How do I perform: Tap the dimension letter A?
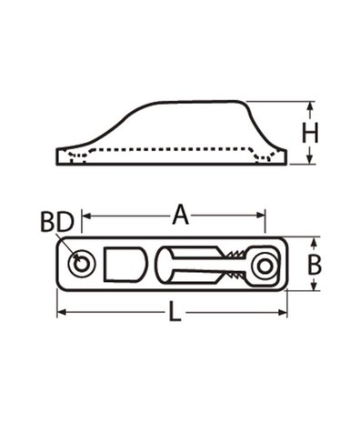180,216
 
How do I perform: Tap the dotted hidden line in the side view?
173,149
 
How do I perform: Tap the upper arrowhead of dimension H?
312,106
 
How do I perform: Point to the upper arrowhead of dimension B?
315,243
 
